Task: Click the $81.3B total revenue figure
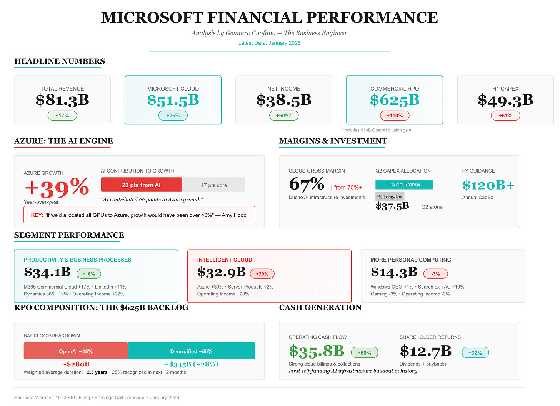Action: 62,100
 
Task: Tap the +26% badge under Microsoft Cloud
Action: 173,116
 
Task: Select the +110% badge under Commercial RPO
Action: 395,116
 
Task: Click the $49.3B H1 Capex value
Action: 505,100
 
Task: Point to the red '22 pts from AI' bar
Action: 141,185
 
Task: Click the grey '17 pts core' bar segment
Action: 214,185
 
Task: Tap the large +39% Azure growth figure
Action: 57,188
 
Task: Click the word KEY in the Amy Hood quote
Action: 37,215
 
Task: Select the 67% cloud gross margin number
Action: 307,184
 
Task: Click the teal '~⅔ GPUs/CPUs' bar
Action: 404,185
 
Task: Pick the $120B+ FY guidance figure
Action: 488,185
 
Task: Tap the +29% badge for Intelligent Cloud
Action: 262,274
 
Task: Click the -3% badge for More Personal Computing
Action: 435,274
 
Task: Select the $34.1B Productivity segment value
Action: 47,272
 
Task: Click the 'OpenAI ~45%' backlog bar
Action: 76,351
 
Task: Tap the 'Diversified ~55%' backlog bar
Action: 191,351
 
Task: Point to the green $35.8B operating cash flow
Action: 317,351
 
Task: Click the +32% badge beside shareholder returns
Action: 475,353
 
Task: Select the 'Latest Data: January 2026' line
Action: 269,43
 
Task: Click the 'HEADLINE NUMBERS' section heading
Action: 60,61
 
